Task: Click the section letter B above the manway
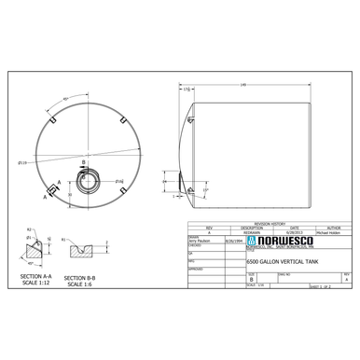[x=83, y=162]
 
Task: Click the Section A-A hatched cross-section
[x=37, y=249]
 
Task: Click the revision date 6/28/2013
[x=295, y=232]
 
